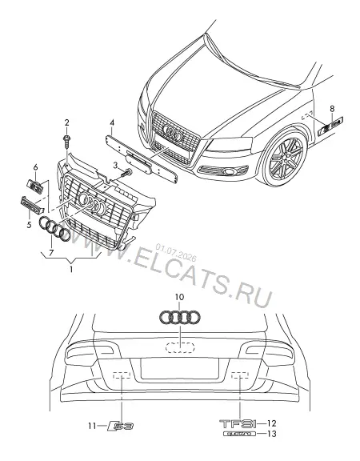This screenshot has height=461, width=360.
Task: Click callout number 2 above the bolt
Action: (x=66, y=122)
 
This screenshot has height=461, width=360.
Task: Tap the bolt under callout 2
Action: (x=67, y=142)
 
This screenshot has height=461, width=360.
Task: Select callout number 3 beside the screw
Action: (x=115, y=166)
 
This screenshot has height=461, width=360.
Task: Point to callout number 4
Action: (x=112, y=122)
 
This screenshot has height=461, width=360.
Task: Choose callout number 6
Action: (x=35, y=167)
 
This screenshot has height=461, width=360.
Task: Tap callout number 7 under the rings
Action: (x=51, y=253)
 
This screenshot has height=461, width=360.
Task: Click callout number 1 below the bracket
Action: (x=71, y=269)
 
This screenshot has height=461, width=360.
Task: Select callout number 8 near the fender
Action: (x=332, y=109)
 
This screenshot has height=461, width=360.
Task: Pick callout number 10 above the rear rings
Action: (x=179, y=297)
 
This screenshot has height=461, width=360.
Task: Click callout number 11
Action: (x=92, y=426)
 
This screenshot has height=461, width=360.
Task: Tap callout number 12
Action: (x=272, y=423)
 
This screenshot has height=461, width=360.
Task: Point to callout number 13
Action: (x=272, y=434)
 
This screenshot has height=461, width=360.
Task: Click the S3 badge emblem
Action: (x=121, y=426)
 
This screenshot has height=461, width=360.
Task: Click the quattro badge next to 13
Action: (x=239, y=434)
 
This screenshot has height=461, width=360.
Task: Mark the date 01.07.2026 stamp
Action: (x=176, y=253)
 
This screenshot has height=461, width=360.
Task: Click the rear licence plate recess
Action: (x=179, y=368)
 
